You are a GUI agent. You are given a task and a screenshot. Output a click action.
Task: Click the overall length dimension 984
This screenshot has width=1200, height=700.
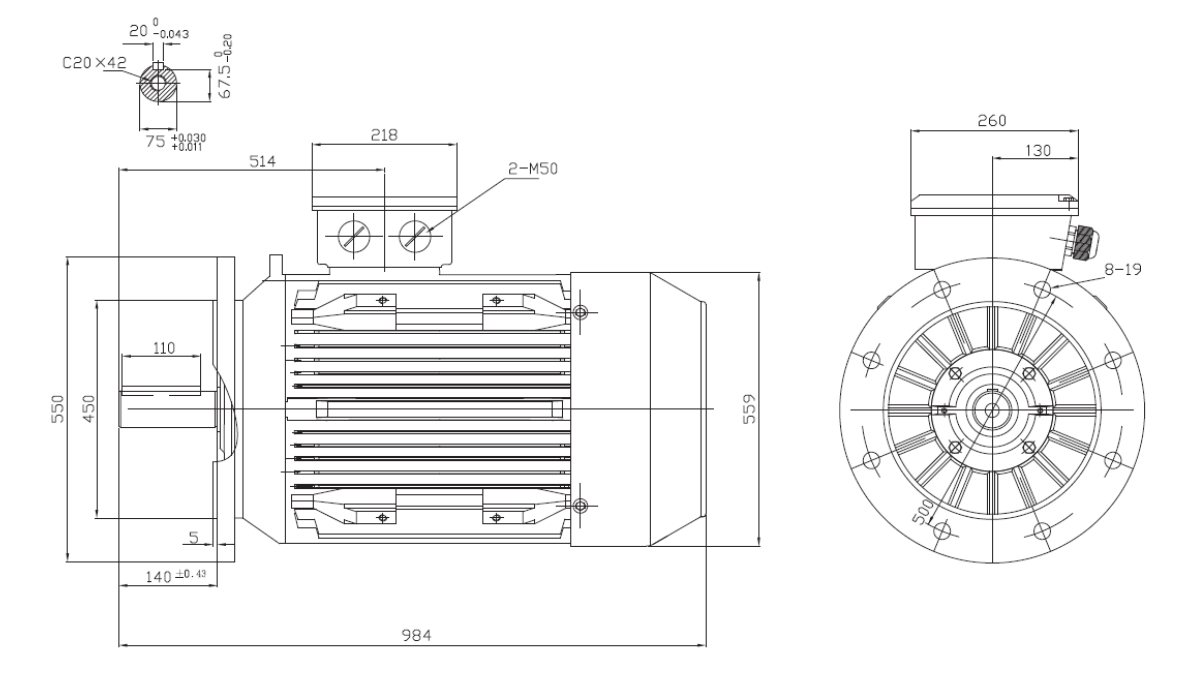click(416, 635)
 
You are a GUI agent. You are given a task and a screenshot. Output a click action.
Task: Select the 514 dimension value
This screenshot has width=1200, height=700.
click(262, 161)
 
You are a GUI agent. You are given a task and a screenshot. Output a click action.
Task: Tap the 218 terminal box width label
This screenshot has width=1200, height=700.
click(384, 135)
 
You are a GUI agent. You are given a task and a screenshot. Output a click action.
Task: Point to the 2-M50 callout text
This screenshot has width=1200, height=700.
click(533, 169)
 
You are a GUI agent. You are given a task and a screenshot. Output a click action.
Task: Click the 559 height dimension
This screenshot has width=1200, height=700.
click(749, 409)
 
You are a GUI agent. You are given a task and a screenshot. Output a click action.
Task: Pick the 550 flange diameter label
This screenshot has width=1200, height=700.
click(57, 409)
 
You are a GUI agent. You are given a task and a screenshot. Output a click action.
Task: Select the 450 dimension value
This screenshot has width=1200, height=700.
click(89, 409)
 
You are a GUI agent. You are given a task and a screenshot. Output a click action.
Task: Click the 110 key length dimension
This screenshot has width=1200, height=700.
click(164, 348)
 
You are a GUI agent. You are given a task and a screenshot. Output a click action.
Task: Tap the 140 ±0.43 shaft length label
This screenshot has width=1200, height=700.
click(176, 576)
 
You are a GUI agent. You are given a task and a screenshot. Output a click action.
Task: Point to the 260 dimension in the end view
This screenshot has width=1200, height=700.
click(992, 121)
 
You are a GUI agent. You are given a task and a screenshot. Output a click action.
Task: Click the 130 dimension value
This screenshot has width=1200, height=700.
click(1038, 151)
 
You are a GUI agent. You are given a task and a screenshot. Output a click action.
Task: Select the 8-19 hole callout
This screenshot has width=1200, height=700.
click(1123, 269)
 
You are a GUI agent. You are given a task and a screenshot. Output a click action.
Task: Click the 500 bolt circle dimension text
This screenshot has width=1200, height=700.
click(922, 513)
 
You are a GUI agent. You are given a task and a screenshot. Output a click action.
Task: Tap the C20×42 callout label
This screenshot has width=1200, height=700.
click(94, 63)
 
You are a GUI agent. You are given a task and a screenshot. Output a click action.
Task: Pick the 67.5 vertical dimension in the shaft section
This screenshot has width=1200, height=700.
click(224, 66)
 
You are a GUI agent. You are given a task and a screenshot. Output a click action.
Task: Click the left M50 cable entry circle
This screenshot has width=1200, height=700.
click(354, 236)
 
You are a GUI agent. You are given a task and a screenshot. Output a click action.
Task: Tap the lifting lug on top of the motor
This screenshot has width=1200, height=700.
click(275, 266)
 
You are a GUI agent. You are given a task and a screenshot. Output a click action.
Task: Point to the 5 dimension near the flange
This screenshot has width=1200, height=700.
click(194, 537)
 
